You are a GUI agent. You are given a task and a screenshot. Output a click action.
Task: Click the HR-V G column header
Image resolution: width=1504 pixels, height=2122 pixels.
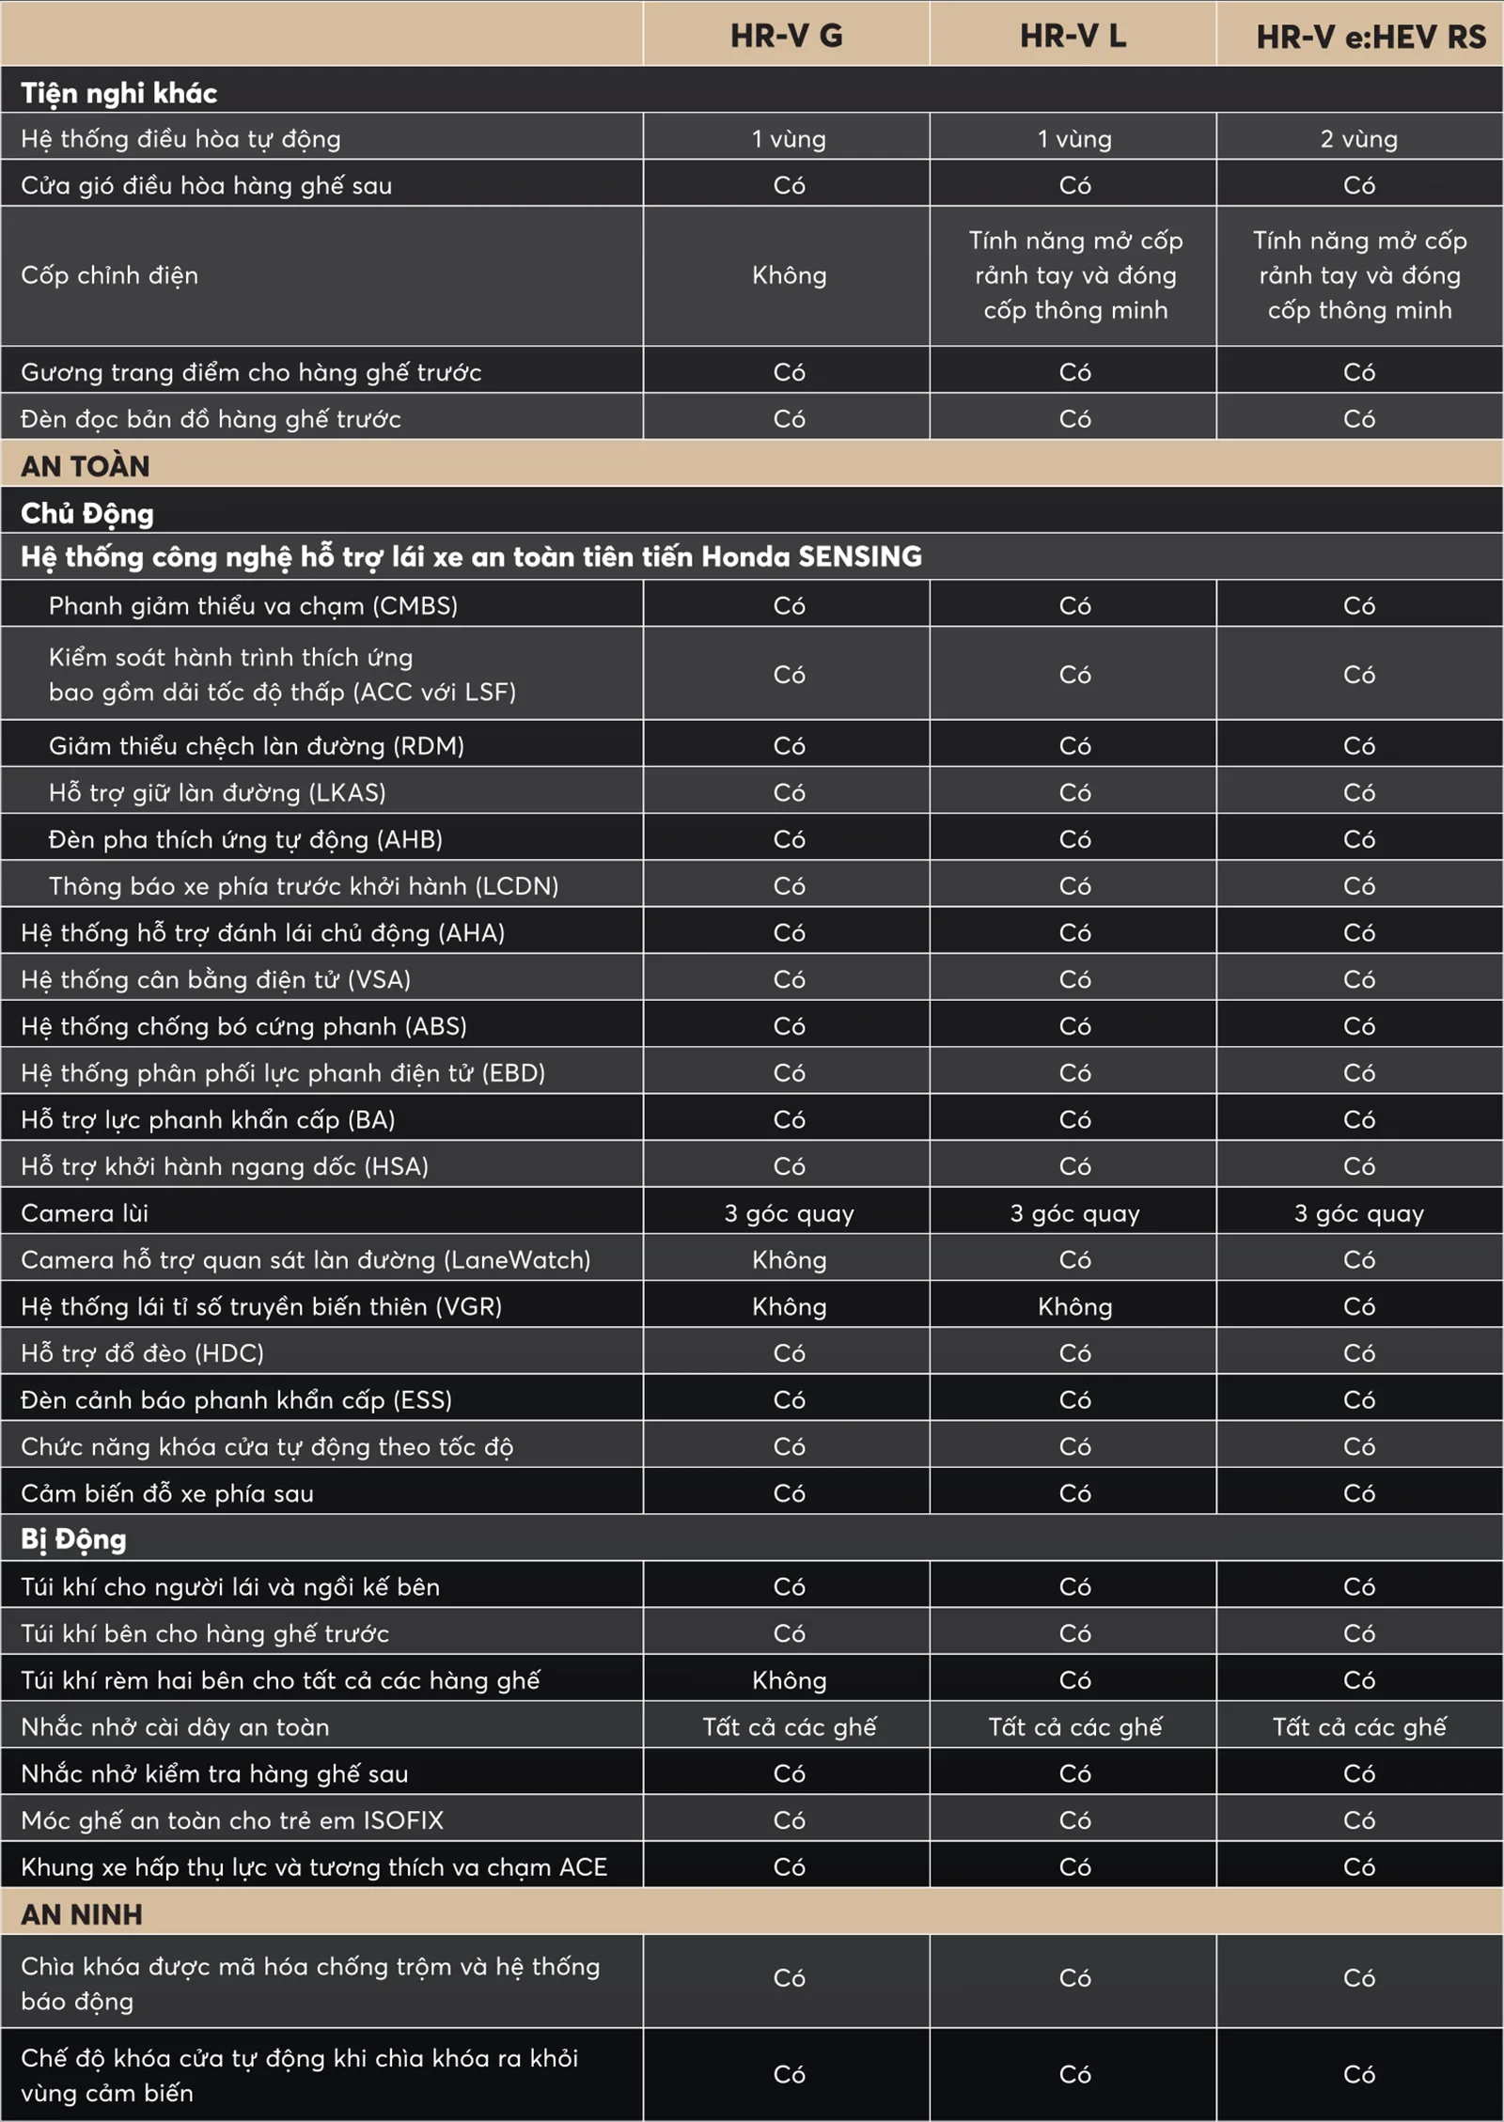pos(787,36)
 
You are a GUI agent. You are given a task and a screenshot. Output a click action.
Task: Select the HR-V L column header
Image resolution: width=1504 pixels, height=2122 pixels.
pos(1073,36)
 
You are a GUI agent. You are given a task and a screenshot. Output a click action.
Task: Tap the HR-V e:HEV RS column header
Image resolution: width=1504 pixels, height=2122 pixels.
pos(1371,37)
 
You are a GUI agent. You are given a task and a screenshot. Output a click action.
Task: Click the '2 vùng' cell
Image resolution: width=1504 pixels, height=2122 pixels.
pos(1358,139)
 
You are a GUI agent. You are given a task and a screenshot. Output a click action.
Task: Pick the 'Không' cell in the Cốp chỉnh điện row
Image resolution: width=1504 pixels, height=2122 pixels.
pos(789,275)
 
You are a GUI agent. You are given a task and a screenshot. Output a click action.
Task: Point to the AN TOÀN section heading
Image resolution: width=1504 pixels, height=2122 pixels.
pos(86,466)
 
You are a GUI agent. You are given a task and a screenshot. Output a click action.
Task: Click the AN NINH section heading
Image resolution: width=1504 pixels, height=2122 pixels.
pos(82,1914)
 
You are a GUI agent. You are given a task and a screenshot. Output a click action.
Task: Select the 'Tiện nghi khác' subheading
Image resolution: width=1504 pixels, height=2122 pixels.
pos(119,93)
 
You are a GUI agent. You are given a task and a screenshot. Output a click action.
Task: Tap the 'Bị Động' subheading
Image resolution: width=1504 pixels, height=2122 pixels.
pos(73,1539)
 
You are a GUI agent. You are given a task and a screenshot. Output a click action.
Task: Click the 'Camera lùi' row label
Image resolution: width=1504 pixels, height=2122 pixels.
pos(85,1213)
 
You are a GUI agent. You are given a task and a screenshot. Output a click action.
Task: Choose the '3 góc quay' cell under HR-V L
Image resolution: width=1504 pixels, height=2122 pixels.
pos(1074,1213)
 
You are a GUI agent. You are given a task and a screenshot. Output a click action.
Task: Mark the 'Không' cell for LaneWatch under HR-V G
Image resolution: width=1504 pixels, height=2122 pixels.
pos(789,1260)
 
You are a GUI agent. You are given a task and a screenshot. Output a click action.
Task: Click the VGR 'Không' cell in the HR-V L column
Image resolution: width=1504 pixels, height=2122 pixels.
pos(1074,1306)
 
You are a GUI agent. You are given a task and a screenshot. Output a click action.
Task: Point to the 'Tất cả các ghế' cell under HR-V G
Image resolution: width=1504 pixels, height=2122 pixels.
pos(789,1726)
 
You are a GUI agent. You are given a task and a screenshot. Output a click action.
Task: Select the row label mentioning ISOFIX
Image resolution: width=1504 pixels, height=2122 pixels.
pos(232,1820)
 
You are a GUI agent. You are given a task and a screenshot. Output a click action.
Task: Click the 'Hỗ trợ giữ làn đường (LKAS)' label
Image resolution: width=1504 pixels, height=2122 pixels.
pos(217,792)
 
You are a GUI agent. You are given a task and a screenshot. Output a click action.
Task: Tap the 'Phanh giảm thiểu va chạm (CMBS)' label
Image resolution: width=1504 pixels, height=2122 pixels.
pos(253,606)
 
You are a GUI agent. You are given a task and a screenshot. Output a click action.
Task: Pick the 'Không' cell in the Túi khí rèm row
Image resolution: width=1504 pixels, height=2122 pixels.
pos(789,1680)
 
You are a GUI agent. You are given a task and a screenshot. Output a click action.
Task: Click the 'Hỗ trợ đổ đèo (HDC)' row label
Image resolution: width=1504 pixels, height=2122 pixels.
pos(143,1353)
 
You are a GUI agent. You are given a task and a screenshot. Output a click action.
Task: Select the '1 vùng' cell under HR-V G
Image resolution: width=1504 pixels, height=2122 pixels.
pos(789,139)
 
